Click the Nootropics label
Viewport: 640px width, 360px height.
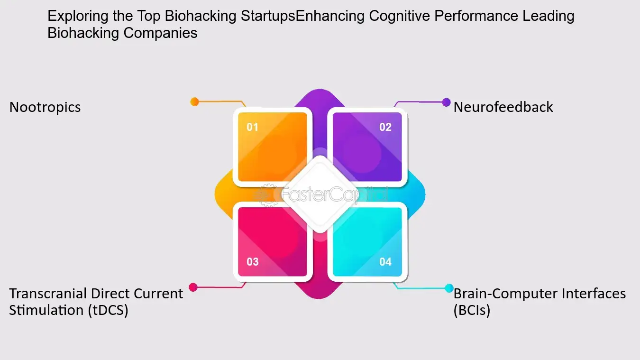45,108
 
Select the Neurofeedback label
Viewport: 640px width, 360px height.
503,107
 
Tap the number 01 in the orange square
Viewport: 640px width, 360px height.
252,127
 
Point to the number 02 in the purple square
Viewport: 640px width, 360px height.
385,127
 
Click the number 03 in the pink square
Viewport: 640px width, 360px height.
253,262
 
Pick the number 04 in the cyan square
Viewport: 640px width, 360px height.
385,262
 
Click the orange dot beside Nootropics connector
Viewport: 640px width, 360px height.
194,102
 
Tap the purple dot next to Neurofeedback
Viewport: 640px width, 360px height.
446,102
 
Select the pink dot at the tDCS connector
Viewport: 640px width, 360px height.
193,287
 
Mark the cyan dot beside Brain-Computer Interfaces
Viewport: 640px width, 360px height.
449,288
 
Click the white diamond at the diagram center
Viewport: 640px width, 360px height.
320,194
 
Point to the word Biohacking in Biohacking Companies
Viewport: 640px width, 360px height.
83,33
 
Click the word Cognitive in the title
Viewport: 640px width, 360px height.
400,16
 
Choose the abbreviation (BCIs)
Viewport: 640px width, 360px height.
472,310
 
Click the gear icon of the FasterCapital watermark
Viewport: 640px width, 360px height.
268,195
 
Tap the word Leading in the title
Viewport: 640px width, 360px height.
549,16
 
